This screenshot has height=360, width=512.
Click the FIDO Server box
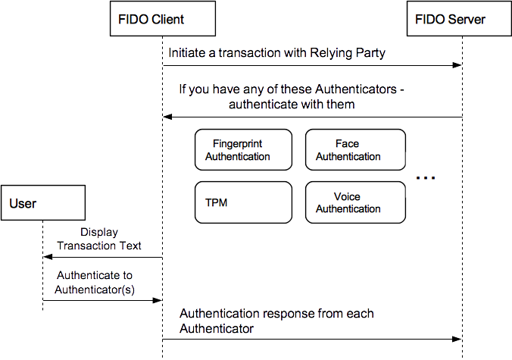coord(450,19)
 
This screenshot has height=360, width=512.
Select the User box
coord(42,203)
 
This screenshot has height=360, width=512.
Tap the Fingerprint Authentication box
coord(242,150)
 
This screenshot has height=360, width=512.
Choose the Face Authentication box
coord(355,150)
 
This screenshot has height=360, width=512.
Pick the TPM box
coord(242,202)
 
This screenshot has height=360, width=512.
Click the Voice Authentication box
coord(355,202)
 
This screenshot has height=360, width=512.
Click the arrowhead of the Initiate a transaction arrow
coord(457,66)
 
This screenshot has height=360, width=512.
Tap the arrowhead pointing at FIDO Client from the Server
coord(168,117)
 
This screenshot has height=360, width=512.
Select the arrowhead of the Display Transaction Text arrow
coord(47,258)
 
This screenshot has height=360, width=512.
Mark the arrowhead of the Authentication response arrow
coord(457,339)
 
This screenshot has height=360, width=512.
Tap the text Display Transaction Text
coord(99,239)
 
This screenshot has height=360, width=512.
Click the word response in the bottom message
coord(288,314)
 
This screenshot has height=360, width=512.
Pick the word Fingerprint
coord(238,144)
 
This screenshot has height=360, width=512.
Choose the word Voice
coord(348,197)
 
